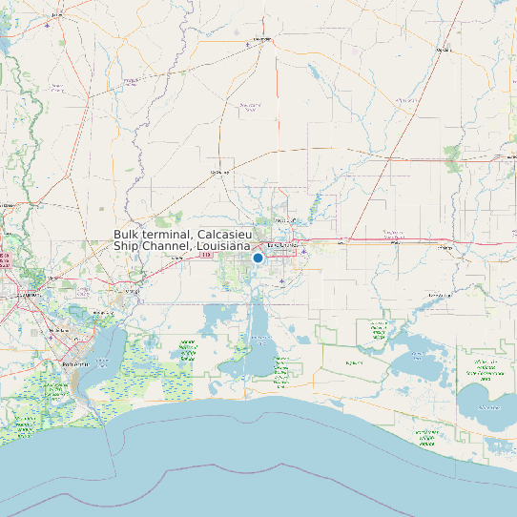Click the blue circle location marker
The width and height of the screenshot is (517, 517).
[x=258, y=258]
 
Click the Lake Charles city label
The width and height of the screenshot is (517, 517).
[x=282, y=245]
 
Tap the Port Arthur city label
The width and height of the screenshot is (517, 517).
[x=77, y=364]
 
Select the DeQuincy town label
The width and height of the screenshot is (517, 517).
[x=220, y=172]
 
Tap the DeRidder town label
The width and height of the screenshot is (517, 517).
[x=261, y=40]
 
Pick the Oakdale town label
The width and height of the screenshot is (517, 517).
[x=443, y=49]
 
